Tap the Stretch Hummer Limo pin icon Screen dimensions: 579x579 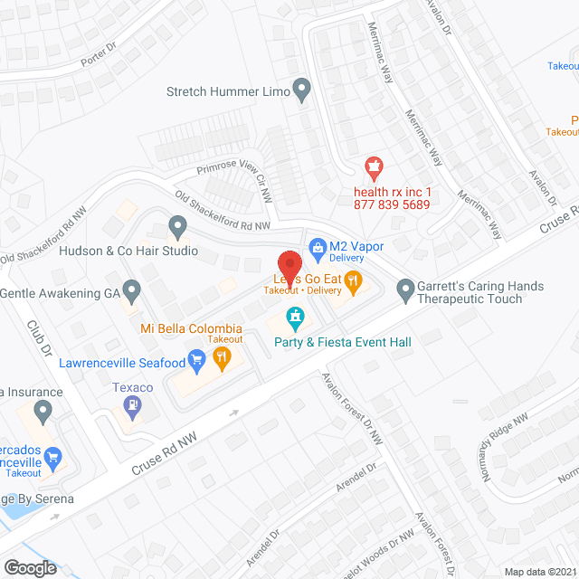click(x=302, y=90)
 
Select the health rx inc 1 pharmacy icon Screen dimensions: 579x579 click(x=372, y=166)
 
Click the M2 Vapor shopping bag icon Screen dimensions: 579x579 click(x=317, y=246)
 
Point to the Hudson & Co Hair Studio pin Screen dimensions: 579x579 click(x=177, y=224)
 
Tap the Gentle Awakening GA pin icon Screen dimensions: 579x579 click(x=132, y=292)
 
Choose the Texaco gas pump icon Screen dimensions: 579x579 click(x=134, y=407)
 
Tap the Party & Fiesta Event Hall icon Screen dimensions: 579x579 click(x=295, y=317)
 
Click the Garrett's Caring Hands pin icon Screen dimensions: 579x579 click(x=404, y=290)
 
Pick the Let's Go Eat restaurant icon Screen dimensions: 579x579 click(x=354, y=282)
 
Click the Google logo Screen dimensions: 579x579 click(x=30, y=568)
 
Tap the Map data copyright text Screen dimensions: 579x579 click(x=539, y=571)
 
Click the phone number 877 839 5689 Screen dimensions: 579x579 click(x=392, y=205)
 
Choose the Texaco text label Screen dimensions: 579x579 click(x=132, y=387)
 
